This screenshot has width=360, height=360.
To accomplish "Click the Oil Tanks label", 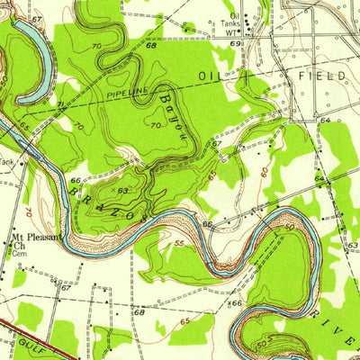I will click(x=236, y=20).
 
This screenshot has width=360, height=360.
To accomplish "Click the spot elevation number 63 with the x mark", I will click(x=121, y=190).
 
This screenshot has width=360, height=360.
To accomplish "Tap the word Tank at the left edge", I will click(x=7, y=162).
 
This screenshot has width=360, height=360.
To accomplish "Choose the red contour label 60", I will click(x=264, y=166).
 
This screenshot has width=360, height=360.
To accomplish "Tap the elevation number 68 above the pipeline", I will click(x=150, y=70).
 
